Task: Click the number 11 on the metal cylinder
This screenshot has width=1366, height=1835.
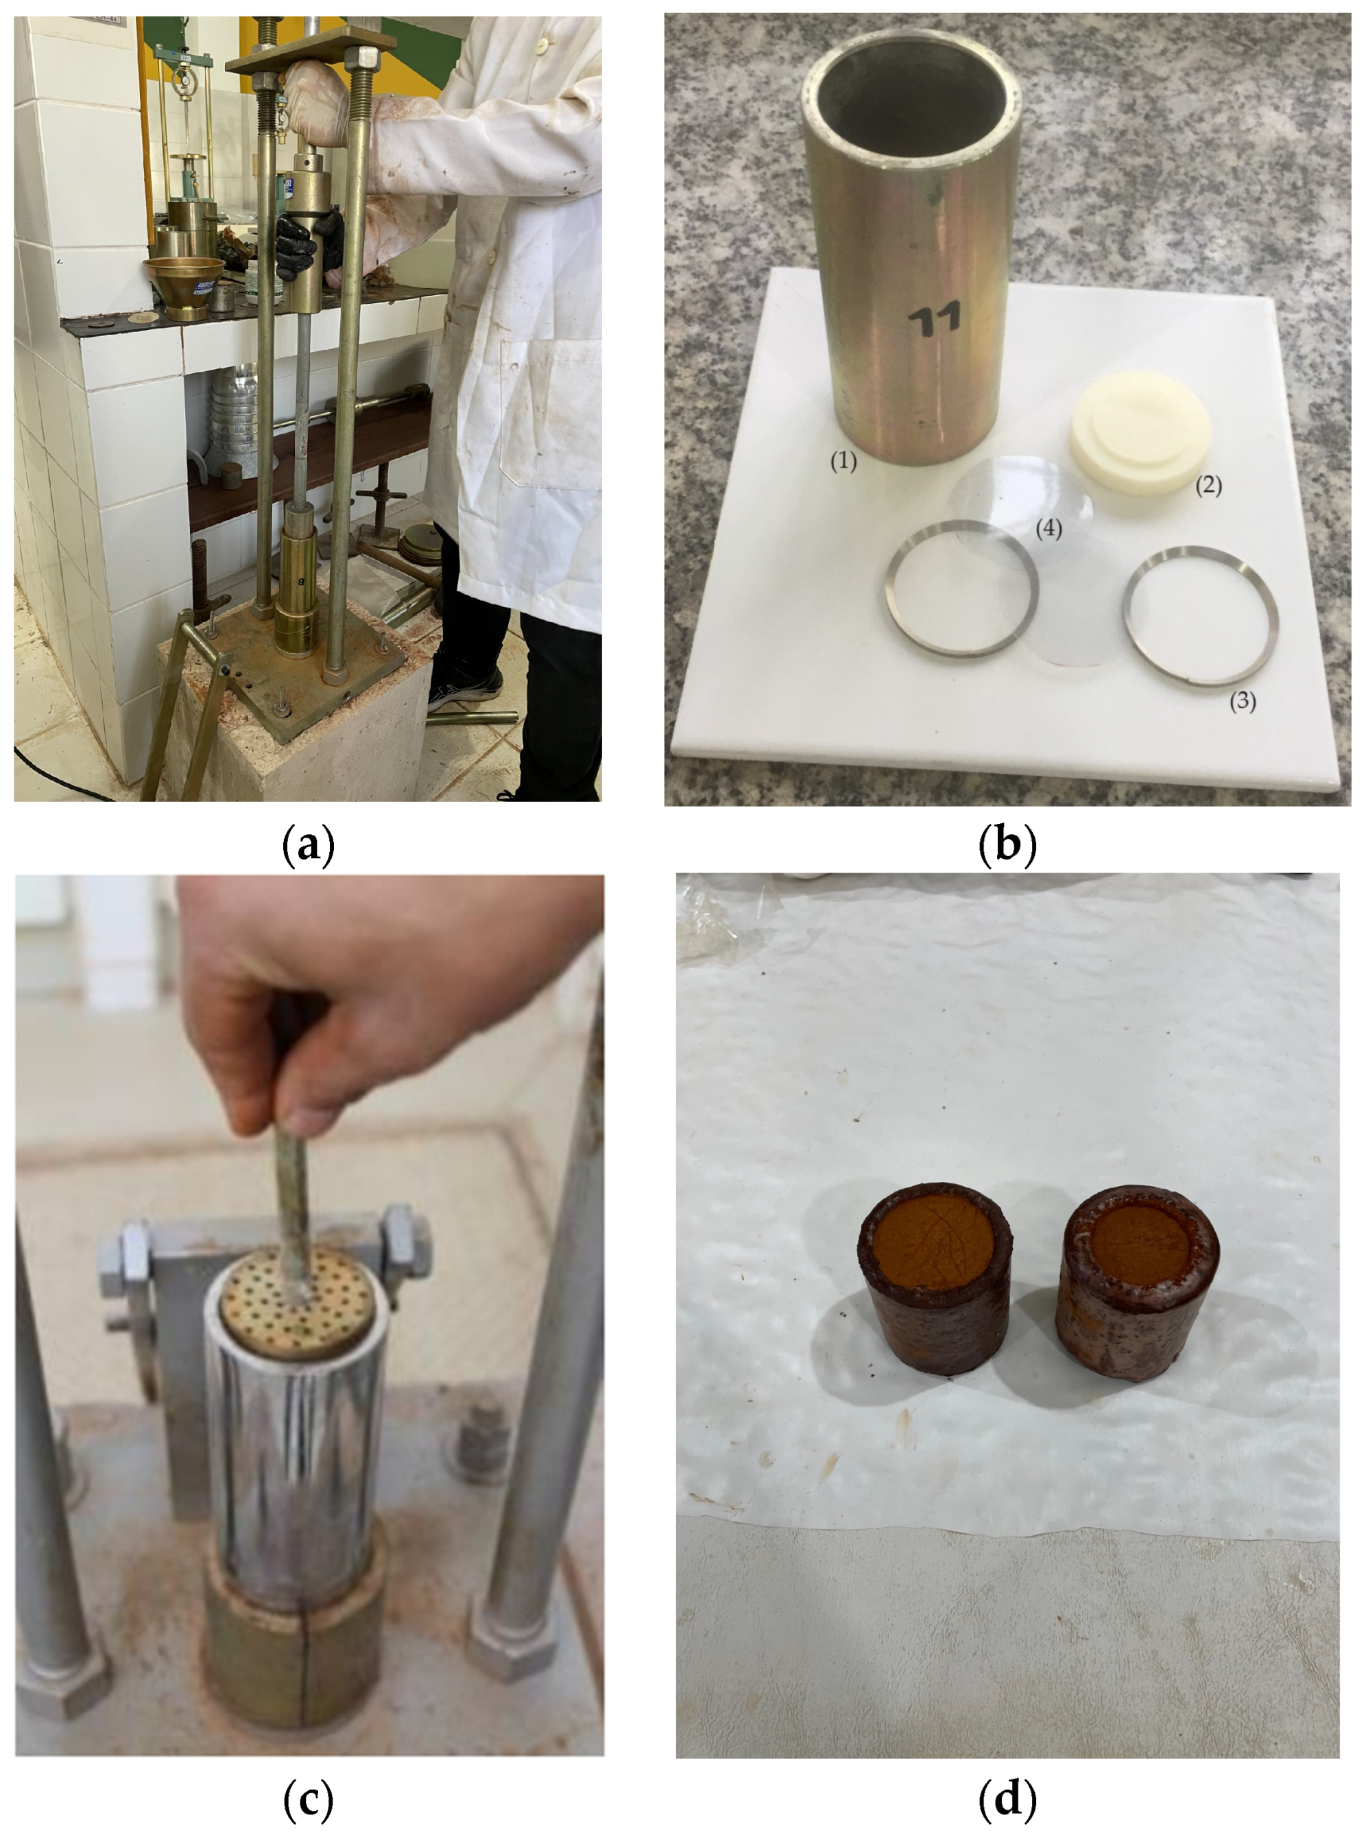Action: [x=935, y=318]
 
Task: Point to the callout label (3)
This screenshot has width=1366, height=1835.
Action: [x=1242, y=701]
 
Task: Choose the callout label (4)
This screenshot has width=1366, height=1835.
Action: [x=1049, y=528]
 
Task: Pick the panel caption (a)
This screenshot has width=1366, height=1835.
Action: [x=309, y=845]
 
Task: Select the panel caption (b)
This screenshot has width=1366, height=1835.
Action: [x=1007, y=845]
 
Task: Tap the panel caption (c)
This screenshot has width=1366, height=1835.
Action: [x=309, y=1797]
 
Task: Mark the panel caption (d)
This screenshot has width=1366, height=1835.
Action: [x=1007, y=1797]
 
